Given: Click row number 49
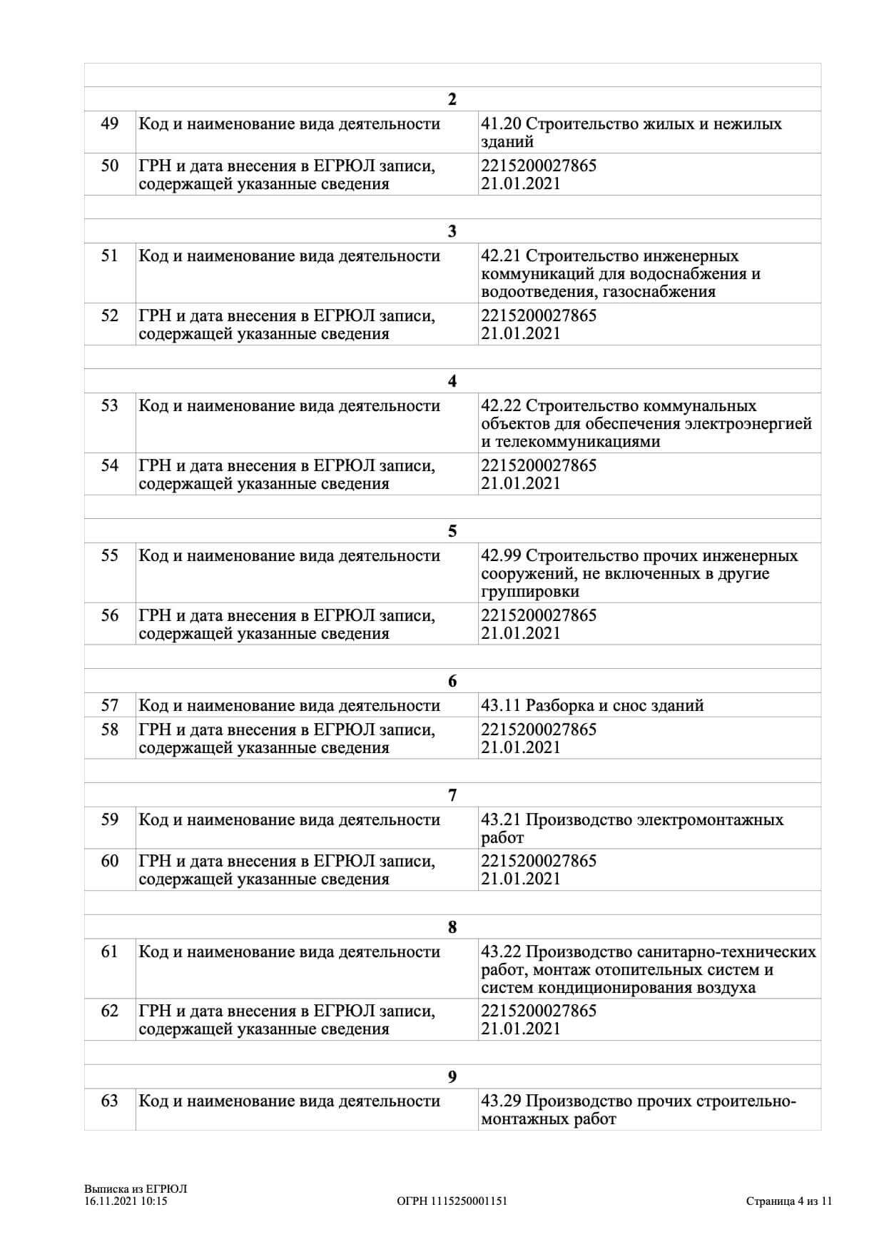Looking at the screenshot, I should [x=109, y=124].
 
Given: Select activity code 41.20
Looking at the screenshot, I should [x=502, y=124].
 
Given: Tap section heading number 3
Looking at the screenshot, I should [x=452, y=231].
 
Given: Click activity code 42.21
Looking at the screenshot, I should [x=502, y=256].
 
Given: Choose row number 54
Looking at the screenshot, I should [x=109, y=466].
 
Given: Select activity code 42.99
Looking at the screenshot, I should [x=502, y=556].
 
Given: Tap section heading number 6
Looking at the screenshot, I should [x=452, y=681].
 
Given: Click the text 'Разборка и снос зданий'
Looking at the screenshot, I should [x=615, y=706].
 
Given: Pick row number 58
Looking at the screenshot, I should [x=109, y=730].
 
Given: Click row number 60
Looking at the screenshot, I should [x=109, y=862].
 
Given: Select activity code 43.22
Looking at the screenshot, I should [x=502, y=952].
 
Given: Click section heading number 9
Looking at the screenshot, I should [x=452, y=1077].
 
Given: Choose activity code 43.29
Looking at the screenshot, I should [x=502, y=1101].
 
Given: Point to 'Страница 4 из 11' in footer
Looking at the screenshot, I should [x=789, y=1201].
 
